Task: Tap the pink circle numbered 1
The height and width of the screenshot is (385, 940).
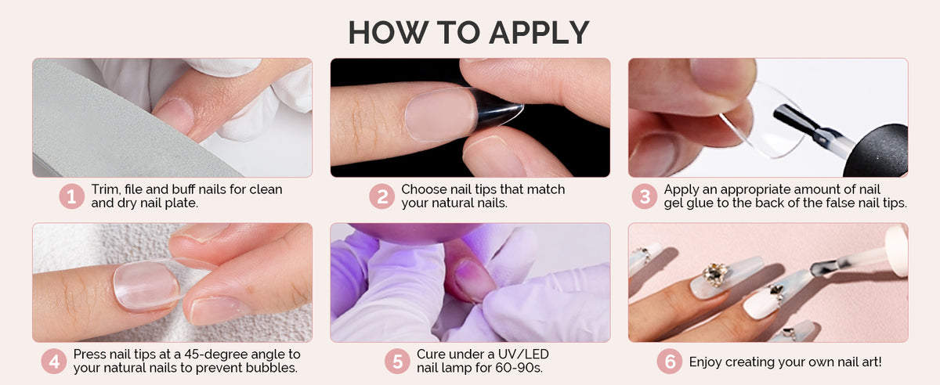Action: pos(71,196)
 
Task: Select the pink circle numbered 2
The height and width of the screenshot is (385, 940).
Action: pos(382,196)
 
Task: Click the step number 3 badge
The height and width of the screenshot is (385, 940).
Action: pos(645,196)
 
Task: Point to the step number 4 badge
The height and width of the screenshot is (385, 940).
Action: pos(54,361)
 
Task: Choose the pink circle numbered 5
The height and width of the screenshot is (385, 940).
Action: pos(397,361)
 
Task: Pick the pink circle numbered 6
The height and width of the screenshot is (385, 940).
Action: pos(670,361)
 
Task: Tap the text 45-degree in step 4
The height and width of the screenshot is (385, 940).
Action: pos(213,354)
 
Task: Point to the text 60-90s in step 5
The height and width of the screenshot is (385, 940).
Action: pos(519,368)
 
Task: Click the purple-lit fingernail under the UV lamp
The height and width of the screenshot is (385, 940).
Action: pos(473,279)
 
